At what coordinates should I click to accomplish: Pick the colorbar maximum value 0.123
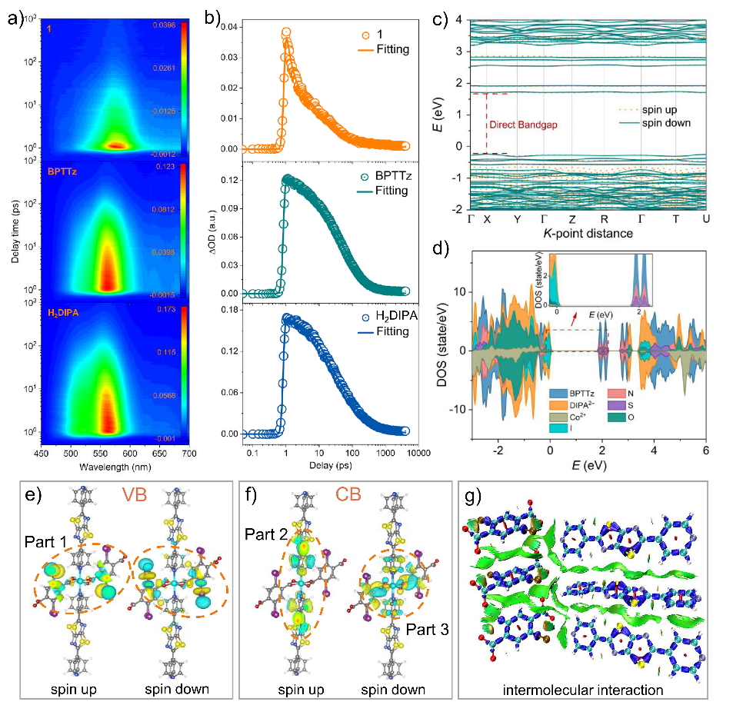tap(167, 166)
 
